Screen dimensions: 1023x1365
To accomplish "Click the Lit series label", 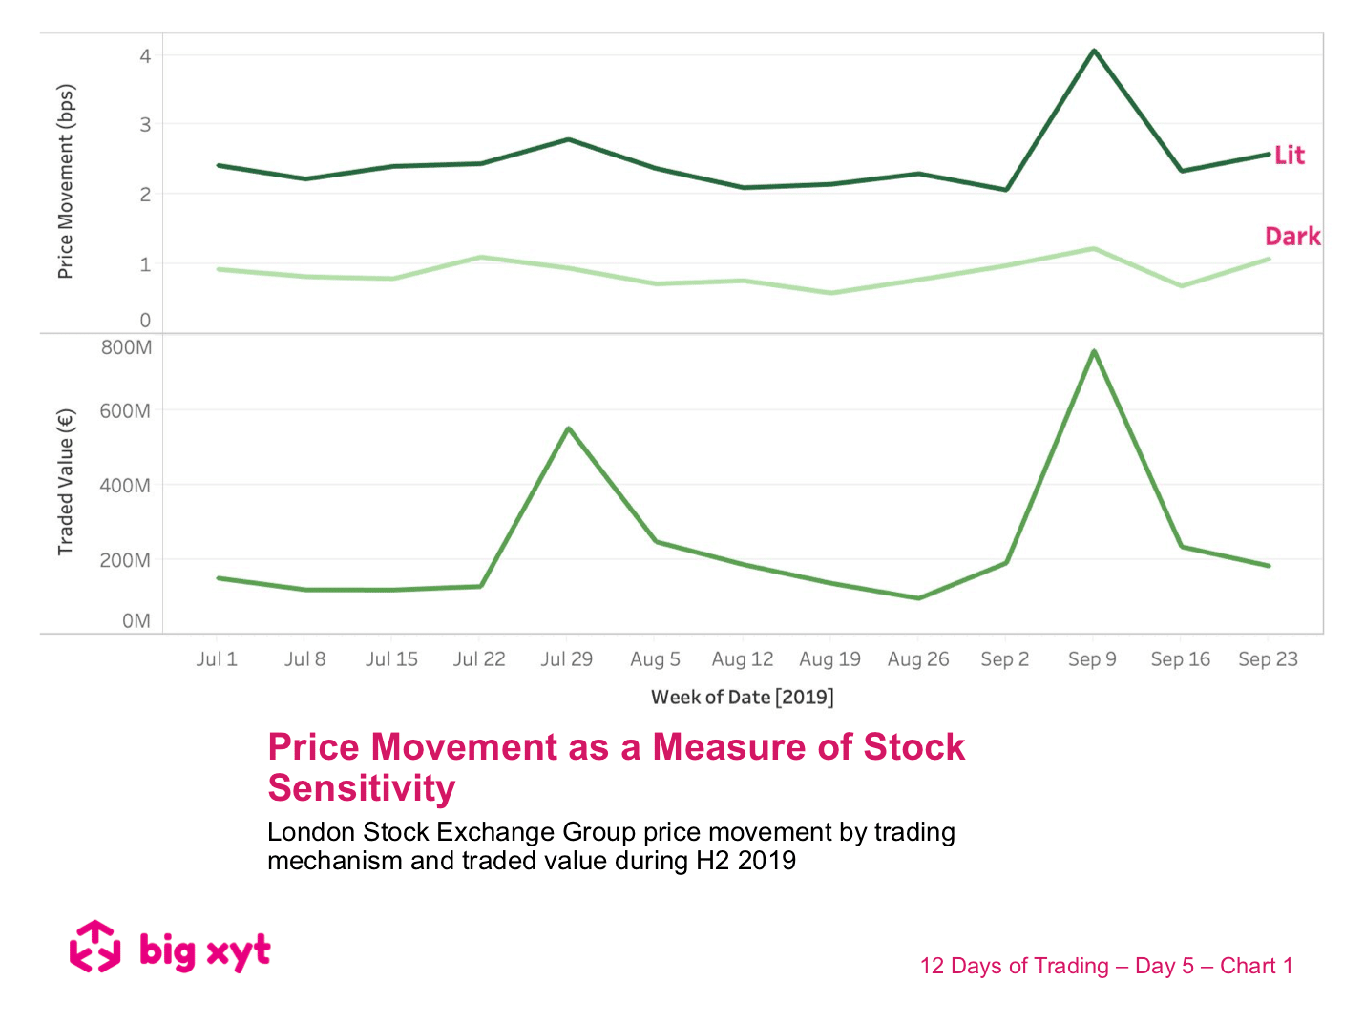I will [x=1289, y=156].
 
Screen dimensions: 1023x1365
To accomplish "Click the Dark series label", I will [x=1292, y=237].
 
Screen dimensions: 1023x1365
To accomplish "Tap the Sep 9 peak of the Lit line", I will [x=1094, y=51].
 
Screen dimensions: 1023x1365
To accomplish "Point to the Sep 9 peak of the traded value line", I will [x=1094, y=351].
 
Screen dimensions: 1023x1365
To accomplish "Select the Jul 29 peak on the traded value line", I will [x=569, y=428].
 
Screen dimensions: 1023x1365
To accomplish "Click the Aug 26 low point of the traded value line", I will [x=918, y=598].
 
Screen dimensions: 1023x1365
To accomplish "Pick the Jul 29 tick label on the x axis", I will [x=567, y=659].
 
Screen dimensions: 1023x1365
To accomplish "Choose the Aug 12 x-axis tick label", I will [x=743, y=659].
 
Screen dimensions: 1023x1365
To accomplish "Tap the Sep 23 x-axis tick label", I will [x=1268, y=659].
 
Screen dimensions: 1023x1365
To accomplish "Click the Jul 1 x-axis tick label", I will [x=217, y=659].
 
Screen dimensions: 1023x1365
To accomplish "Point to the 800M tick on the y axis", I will [x=126, y=347].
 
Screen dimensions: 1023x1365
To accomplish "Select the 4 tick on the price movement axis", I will [x=145, y=56].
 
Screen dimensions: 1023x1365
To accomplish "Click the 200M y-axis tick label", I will [x=126, y=560].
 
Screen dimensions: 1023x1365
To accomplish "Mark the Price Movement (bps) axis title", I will [x=66, y=182].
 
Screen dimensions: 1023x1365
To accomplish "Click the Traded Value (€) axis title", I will [x=66, y=482].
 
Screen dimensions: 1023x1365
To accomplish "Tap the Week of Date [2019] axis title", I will [x=743, y=698].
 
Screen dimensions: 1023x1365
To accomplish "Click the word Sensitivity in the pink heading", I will [x=362, y=789].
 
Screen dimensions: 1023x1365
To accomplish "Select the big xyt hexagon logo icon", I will [x=95, y=947].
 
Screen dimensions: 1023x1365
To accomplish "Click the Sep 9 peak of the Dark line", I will [x=1094, y=249].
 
